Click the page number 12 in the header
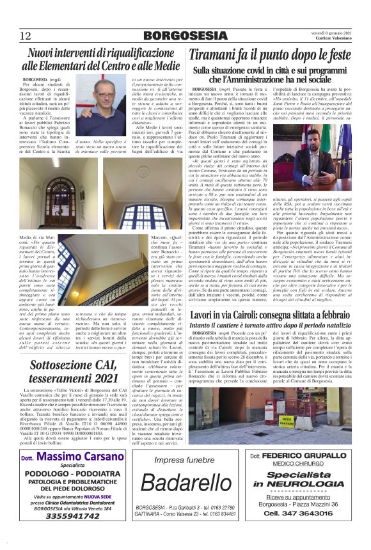pyautogui.click(x=26, y=36)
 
